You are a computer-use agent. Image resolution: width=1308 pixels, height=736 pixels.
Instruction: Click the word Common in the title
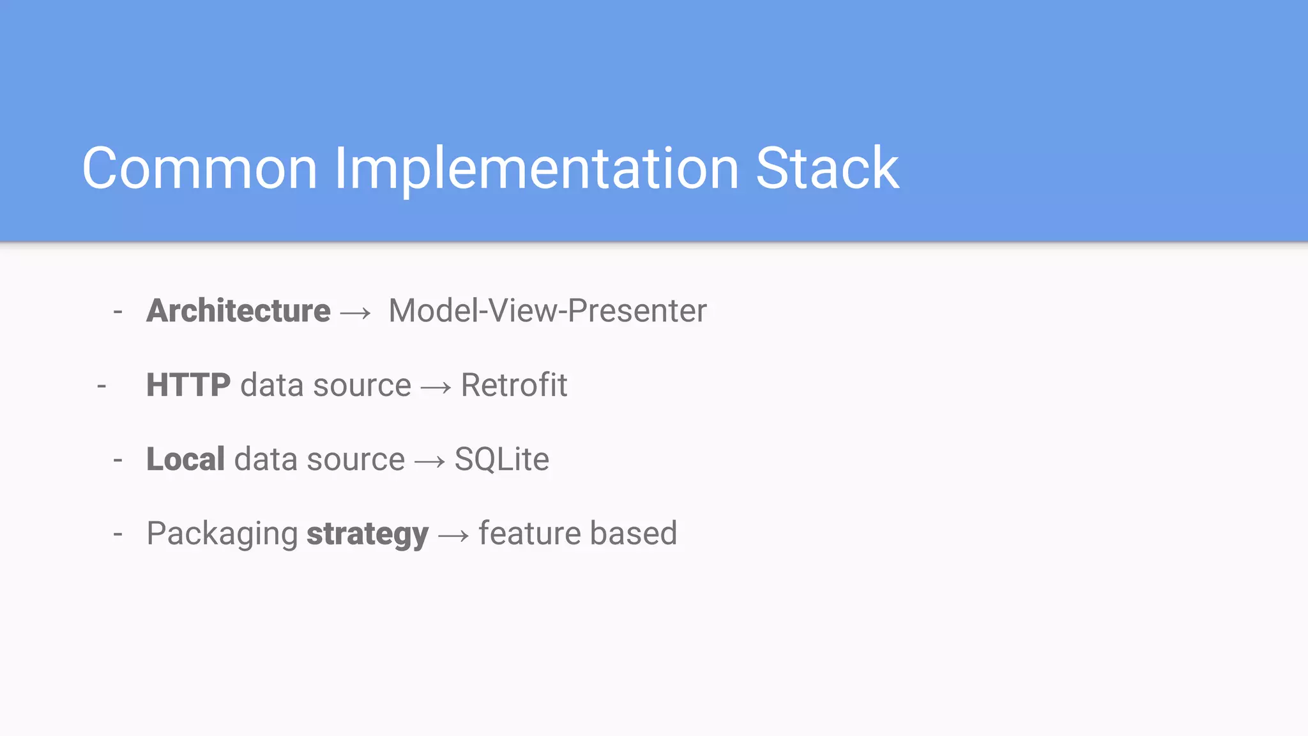tap(200, 169)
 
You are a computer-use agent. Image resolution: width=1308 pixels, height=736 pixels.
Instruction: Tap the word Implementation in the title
tap(536, 169)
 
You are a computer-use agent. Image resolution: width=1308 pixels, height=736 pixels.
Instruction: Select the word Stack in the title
tap(827, 169)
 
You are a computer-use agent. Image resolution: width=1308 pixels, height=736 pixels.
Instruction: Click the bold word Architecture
tap(238, 311)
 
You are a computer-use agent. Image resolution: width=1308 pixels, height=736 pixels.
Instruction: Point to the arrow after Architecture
tap(356, 313)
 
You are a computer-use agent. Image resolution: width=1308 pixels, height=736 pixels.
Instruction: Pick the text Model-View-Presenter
tap(547, 311)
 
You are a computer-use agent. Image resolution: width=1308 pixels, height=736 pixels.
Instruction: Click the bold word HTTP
tap(188, 385)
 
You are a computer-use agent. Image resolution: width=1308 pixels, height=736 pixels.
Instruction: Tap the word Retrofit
tap(514, 385)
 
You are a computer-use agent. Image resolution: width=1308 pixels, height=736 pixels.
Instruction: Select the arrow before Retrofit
tap(436, 387)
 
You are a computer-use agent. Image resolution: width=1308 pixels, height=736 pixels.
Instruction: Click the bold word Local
tap(185, 459)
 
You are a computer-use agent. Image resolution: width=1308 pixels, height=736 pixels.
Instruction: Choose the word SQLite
tap(501, 459)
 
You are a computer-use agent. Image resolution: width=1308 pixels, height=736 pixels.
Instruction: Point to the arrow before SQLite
tap(430, 461)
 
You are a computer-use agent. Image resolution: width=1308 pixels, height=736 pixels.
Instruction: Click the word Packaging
tap(222, 534)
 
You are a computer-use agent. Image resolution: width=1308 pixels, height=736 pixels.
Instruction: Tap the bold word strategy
tap(367, 534)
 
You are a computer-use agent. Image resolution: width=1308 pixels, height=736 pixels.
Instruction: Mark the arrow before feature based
tap(453, 535)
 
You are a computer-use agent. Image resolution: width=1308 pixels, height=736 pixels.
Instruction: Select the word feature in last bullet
tap(529, 533)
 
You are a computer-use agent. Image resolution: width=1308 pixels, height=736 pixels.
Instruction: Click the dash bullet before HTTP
tap(102, 387)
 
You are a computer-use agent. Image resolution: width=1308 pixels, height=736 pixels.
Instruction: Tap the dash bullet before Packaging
tap(118, 534)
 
